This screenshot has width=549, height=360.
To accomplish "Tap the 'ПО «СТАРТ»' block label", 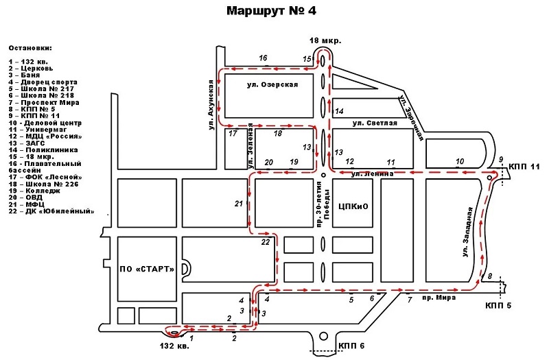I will click(x=145, y=267).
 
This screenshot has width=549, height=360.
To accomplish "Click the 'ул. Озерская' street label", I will click(x=272, y=84).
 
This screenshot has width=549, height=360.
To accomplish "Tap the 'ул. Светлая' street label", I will click(x=374, y=123).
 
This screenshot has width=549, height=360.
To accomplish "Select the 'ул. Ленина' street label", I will click(x=372, y=174).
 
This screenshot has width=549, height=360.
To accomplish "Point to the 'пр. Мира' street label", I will click(x=436, y=299).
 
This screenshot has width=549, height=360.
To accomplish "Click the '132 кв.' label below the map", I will click(x=173, y=346).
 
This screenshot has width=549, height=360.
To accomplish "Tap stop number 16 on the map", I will click(x=263, y=58).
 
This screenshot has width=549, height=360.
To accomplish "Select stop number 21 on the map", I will click(x=239, y=204).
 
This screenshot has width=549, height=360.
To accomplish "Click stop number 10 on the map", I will click(x=460, y=161).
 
